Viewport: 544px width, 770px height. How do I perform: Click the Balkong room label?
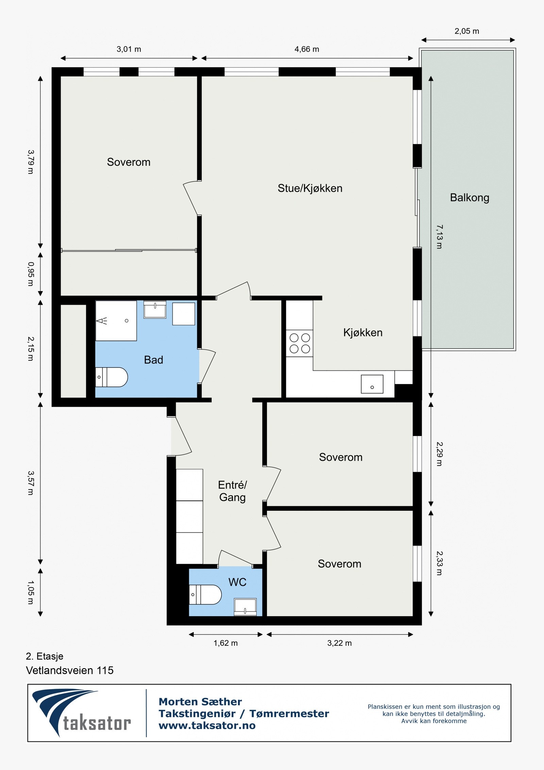tap(470, 198)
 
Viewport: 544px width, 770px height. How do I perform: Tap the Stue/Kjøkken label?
tap(310, 188)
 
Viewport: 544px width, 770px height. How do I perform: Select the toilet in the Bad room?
tap(112, 377)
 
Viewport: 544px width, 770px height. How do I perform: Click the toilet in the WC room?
tap(205, 594)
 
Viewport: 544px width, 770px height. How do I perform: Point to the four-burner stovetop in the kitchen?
tap(300, 343)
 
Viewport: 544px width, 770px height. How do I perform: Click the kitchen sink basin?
tap(372, 384)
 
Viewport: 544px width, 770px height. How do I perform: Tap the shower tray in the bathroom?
tap(116, 321)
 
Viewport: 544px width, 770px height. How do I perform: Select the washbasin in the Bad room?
tap(155, 309)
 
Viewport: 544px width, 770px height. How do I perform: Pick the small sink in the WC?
tap(245, 607)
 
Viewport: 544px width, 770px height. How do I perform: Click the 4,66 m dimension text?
tap(307, 49)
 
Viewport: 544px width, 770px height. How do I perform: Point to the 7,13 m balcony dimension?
tap(439, 237)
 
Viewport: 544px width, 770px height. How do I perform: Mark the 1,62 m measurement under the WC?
tap(225, 643)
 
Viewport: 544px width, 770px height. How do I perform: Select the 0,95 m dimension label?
tap(31, 274)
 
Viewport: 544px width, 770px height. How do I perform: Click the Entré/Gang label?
tap(233, 491)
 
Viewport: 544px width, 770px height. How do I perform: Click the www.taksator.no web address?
tap(207, 725)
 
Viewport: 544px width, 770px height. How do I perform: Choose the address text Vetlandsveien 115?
tap(70, 670)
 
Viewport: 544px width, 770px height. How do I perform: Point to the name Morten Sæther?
tap(200, 702)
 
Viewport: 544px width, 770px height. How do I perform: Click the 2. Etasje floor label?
tap(45, 656)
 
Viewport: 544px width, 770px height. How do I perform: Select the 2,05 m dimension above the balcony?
tap(467, 31)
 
